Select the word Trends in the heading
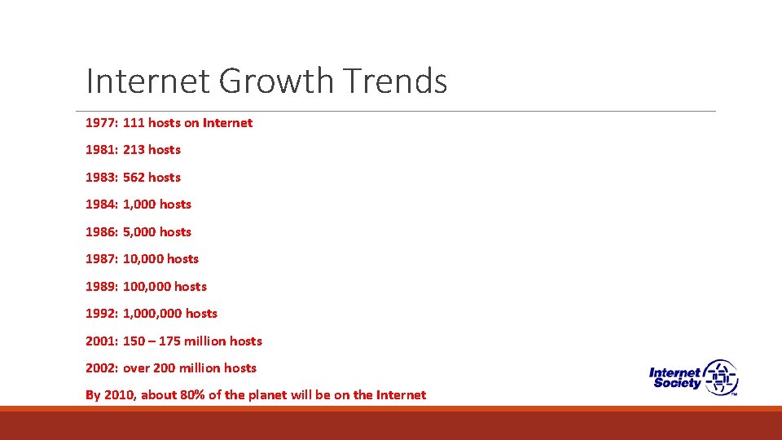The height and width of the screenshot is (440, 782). coord(395,81)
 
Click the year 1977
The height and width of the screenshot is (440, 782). coord(101,123)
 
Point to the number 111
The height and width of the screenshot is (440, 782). coord(134,123)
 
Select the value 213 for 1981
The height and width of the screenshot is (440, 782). coord(134,150)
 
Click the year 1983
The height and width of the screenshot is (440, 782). coord(101,178)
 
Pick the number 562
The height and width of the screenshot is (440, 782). coord(134,178)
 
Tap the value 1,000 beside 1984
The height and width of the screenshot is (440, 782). coord(140,205)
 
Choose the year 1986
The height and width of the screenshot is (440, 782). coord(101,232)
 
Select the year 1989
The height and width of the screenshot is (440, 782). coord(101,287)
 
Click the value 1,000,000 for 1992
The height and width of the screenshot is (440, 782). coord(152,314)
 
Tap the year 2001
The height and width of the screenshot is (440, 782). coord(101,341)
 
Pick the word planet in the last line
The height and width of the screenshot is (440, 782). coord(288,395)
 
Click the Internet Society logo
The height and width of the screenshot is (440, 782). coord(693,377)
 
